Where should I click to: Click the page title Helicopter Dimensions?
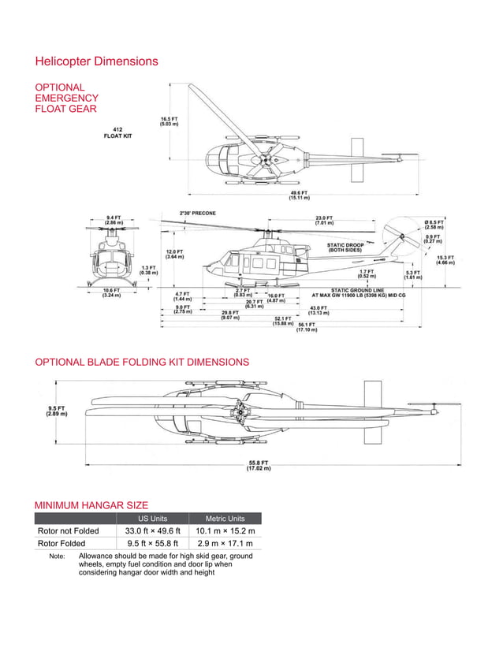(x=96, y=61)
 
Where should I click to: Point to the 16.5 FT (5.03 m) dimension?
(x=170, y=121)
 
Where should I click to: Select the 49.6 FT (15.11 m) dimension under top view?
(x=300, y=195)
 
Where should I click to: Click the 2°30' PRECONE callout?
(x=198, y=213)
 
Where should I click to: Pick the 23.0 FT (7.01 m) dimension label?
(x=324, y=220)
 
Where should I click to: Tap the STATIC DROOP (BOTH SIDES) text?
(x=345, y=247)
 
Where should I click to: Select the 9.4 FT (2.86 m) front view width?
(x=114, y=221)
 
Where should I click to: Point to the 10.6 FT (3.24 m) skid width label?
(x=110, y=292)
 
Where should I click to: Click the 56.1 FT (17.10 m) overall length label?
(x=307, y=327)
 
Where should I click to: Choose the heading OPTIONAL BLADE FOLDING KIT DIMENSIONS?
(x=142, y=363)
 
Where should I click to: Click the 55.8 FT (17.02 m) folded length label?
(x=259, y=465)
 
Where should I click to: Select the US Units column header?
(x=153, y=519)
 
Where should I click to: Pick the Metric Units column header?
(x=225, y=519)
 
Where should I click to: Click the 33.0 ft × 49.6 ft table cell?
(x=153, y=531)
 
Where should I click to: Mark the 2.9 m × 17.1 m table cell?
(x=225, y=544)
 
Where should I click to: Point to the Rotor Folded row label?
(x=61, y=544)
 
